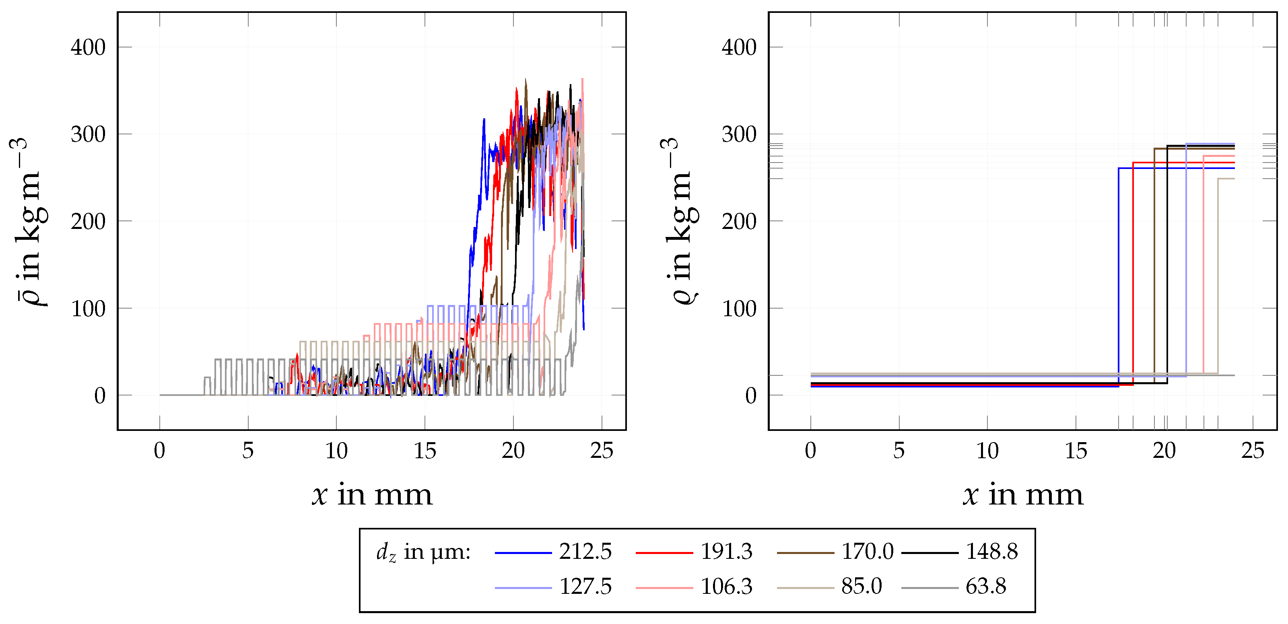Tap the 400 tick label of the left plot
(88, 47)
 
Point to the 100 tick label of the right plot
(739, 309)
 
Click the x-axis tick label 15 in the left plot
(425, 451)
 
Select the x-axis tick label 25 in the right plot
(1253, 451)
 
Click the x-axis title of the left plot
(372, 495)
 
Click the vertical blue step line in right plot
(1119, 275)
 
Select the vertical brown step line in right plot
(1154, 265)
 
